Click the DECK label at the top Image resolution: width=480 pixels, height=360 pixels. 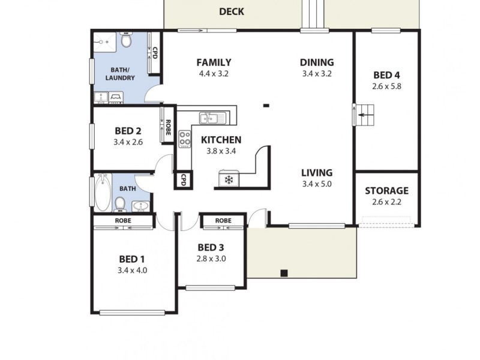[232, 11]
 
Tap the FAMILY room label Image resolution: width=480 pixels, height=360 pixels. [214, 62]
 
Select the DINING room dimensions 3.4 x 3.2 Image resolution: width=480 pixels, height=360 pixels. [317, 74]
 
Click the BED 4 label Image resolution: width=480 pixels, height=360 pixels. [386, 75]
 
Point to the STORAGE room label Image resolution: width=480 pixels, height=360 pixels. [386, 191]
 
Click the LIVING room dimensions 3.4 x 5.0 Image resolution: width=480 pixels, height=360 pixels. [317, 184]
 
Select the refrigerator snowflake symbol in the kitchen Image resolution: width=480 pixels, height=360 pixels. [228, 179]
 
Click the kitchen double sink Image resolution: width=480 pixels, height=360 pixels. [212, 118]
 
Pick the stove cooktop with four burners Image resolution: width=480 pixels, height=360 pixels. [185, 139]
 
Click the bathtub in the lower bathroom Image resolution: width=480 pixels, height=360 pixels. [103, 192]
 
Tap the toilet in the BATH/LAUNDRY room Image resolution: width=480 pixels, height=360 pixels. [126, 41]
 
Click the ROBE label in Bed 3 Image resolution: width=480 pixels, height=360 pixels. [223, 221]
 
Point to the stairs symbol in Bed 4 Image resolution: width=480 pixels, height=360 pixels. [365, 114]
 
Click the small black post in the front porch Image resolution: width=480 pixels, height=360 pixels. [284, 273]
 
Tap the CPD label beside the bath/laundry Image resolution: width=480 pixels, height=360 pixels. [155, 53]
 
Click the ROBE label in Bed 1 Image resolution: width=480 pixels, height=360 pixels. [123, 221]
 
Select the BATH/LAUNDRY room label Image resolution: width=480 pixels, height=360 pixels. [120, 74]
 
